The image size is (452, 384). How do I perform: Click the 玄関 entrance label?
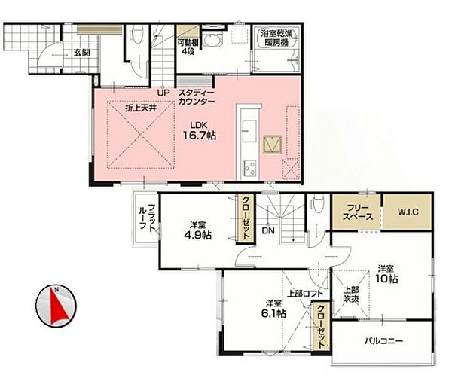[82, 53]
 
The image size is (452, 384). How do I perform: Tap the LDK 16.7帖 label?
[200, 131]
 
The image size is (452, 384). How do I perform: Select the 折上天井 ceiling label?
[141, 108]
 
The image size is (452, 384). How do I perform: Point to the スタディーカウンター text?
[197, 97]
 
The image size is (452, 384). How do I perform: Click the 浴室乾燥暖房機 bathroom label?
[276, 38]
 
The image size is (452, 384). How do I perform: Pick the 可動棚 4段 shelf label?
[188, 47]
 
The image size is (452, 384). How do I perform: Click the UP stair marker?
[163, 93]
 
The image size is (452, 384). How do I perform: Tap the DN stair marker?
[268, 230]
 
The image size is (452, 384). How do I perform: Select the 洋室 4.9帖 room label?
[197, 230]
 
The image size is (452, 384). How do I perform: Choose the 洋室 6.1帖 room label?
[273, 309]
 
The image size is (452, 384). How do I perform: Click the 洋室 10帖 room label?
[386, 274]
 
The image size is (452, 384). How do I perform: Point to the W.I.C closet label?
[408, 212]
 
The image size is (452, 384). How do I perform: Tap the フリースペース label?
[357, 212]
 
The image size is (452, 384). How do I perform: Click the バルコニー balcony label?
[383, 341]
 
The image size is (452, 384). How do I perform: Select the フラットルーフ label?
[148, 217]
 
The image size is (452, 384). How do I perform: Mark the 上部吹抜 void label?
[351, 294]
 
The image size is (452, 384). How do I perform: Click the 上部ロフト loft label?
[305, 294]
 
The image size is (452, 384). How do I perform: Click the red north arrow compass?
[56, 306]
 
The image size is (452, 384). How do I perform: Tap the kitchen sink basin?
[249, 131]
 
